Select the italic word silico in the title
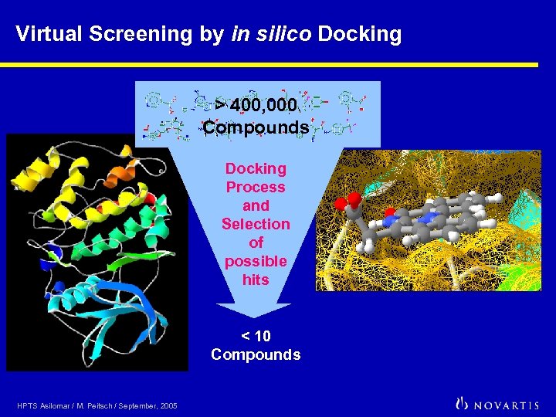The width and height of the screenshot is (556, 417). (x=283, y=34)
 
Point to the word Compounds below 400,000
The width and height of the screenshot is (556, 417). (x=256, y=127)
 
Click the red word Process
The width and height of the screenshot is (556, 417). (x=256, y=187)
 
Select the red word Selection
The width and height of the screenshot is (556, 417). (x=256, y=224)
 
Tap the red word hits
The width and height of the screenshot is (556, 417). (x=256, y=280)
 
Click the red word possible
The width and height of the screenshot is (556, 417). (x=256, y=261)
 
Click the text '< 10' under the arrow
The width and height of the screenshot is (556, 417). (x=256, y=336)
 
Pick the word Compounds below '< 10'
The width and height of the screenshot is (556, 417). (x=256, y=354)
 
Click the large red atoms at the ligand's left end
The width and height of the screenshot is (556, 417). (x=344, y=203)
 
